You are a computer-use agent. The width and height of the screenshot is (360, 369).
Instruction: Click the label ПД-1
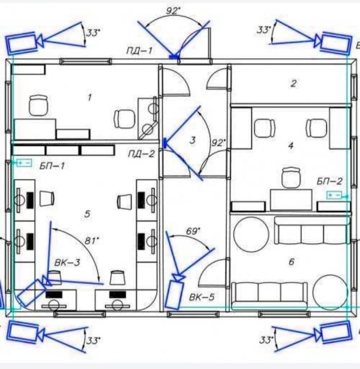pos(139,51)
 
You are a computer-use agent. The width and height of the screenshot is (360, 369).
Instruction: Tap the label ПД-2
pos(141,154)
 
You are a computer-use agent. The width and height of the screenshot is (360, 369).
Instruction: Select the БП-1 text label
pos(52,166)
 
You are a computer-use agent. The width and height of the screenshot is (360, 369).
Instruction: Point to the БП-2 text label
pos(329,181)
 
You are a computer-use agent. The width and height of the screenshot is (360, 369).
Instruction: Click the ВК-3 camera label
pos(67,262)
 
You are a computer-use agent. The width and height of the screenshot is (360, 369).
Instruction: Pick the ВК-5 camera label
pos(202,297)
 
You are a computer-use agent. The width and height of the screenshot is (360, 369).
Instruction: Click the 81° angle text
pos(91,241)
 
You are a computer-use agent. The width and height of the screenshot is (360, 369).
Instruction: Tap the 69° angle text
pos(193,231)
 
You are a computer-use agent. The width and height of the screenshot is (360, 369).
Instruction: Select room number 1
pos(89,97)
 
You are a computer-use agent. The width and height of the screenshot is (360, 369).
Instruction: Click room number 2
pos(293,83)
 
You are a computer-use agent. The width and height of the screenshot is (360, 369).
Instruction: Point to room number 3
pos(193,140)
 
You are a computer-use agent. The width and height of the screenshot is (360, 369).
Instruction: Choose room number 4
pos(291,146)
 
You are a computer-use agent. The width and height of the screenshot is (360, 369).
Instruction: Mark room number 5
pos(87,214)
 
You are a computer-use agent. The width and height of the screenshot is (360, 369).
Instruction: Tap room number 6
pos(291,262)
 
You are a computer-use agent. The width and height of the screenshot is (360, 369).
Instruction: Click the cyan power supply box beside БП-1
pos(24,163)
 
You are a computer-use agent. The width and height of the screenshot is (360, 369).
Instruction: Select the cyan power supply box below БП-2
pos(334,195)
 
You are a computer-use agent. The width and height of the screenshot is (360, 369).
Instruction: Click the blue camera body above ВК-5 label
pos(174,295)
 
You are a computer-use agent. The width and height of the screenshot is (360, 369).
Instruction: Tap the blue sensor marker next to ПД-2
pos(165,143)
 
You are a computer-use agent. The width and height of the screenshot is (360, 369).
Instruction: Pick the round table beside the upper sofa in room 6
pos(251,234)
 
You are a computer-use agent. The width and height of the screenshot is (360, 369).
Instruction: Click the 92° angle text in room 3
pos(219,143)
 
